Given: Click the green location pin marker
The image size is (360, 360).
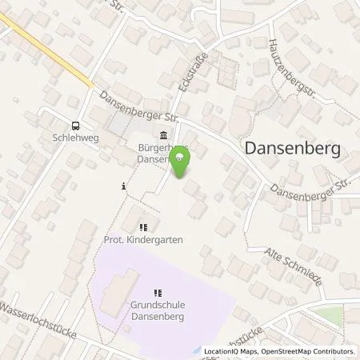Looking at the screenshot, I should click(x=182, y=163).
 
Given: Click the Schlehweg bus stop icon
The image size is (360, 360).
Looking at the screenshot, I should click(x=75, y=126).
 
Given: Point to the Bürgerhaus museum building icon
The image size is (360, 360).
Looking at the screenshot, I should click(x=164, y=134).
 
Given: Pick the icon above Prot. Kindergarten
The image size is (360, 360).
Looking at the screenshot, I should click(x=143, y=226).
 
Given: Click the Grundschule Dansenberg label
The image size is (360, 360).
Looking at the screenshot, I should click(x=157, y=310).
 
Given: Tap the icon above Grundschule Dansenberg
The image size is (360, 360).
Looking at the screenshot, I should click(x=157, y=292).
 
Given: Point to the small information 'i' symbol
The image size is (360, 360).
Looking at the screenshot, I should click(x=123, y=186).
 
